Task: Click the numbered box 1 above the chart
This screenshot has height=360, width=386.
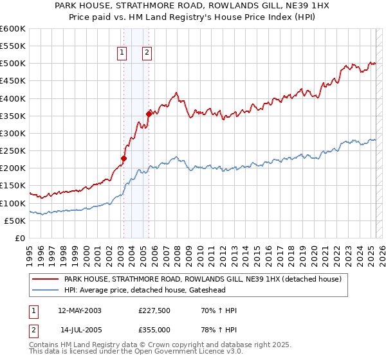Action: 122,53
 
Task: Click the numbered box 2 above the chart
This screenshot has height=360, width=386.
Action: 147,53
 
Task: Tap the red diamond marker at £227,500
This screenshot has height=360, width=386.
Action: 124,158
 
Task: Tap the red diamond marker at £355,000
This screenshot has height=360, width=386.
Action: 149,114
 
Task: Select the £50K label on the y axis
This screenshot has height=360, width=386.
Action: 15,221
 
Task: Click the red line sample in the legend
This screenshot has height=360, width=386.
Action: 45,279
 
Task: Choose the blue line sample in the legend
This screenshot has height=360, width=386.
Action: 45,291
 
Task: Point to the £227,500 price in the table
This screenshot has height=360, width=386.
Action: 154,310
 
